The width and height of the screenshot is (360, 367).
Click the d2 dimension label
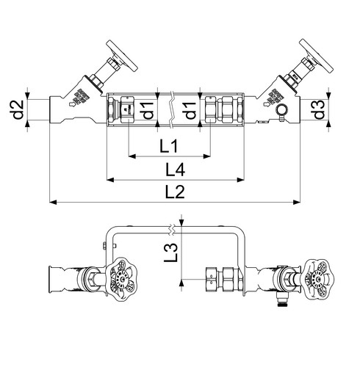tap(18, 110)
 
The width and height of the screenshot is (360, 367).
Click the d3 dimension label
tap(319, 110)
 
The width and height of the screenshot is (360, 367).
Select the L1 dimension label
tap(168, 146)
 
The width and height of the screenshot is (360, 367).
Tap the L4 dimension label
tap(175, 170)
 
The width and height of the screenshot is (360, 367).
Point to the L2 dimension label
tap(175, 192)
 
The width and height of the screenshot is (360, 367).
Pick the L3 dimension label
tap(170, 252)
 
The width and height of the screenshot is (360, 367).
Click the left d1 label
tap(148, 111)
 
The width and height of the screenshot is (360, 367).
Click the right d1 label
tap(190, 111)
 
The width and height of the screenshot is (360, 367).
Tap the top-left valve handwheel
tap(122, 56)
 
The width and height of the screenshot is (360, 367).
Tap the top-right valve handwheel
tap(317, 56)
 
